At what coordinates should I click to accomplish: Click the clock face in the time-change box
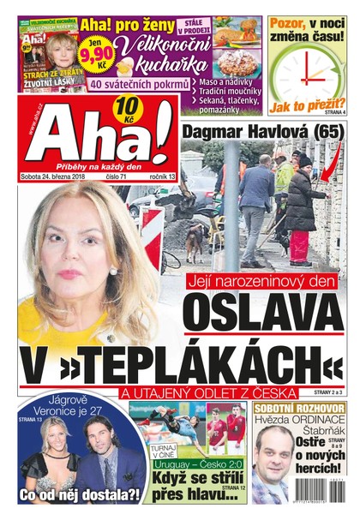point(305,70)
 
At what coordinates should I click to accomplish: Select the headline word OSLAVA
point(261,314)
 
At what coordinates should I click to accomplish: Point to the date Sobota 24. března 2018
point(53,176)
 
